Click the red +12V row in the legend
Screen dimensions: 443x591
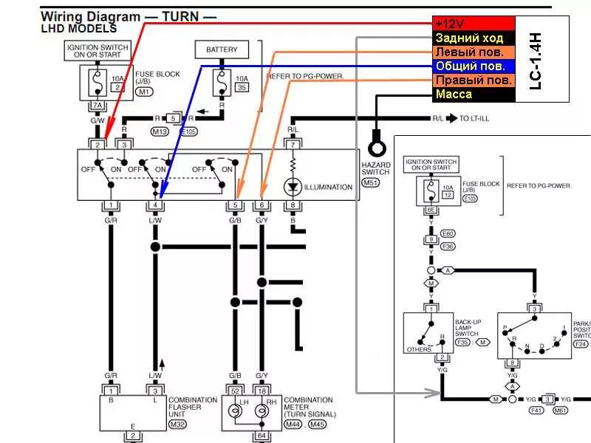[473, 24]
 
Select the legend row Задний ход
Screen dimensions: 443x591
[473, 38]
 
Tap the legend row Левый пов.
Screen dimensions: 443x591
[473, 52]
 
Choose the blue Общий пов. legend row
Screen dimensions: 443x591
[473, 66]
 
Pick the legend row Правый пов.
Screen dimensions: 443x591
[473, 80]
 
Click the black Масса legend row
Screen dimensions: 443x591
[473, 95]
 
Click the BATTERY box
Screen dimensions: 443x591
[222, 50]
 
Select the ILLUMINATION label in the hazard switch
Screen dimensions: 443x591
[328, 187]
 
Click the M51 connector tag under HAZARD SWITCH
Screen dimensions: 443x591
[371, 182]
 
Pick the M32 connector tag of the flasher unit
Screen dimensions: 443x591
[177, 423]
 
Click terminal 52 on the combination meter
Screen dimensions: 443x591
[235, 389]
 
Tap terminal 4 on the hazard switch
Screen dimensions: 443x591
[155, 205]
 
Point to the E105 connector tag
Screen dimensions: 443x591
[190, 131]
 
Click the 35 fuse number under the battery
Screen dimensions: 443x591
[242, 87]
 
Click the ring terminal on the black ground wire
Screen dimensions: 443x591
[376, 138]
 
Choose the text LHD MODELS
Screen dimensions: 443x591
[78, 29]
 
